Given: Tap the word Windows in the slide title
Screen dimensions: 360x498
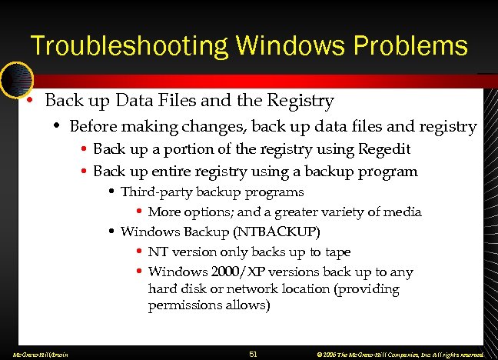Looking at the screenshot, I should click(268, 45).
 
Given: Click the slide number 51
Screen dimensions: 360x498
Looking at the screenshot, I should click(254, 353).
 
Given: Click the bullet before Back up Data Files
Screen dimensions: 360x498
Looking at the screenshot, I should click(28, 101).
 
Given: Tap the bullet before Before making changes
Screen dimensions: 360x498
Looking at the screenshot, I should click(56, 125).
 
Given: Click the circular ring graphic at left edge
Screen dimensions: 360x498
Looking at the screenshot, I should click(15, 80).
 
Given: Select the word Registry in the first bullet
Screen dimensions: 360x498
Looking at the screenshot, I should click(298, 101).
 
